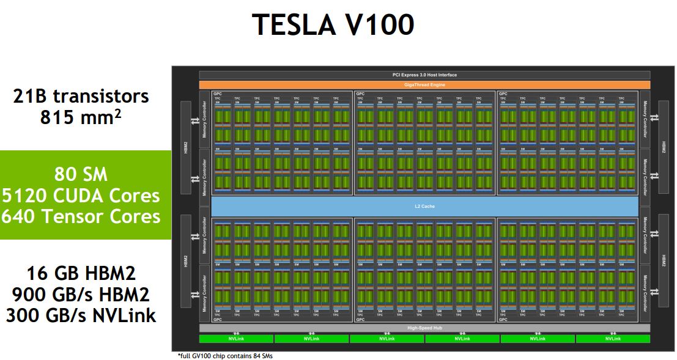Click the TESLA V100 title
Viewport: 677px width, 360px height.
[x=333, y=24]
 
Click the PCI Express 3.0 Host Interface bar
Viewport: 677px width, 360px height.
[x=424, y=75]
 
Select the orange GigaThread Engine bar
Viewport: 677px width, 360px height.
[x=424, y=84]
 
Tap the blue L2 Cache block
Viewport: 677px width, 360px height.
[x=424, y=206]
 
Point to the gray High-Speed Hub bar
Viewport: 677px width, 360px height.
[x=424, y=328]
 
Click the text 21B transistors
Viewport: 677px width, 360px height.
[x=81, y=96]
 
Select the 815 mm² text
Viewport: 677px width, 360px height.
[x=81, y=117]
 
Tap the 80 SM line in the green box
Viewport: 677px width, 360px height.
[x=81, y=174]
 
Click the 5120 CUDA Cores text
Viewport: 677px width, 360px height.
[x=81, y=196]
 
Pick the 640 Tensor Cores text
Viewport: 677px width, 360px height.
[x=81, y=216]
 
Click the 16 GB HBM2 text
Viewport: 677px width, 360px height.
[x=81, y=273]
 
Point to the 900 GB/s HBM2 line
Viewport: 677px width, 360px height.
[x=81, y=294]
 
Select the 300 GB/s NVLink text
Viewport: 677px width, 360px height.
[x=81, y=315]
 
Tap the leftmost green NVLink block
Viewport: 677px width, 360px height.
[x=236, y=339]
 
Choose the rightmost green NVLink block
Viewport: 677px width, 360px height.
[x=613, y=339]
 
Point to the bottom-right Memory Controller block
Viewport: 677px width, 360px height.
[x=645, y=293]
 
